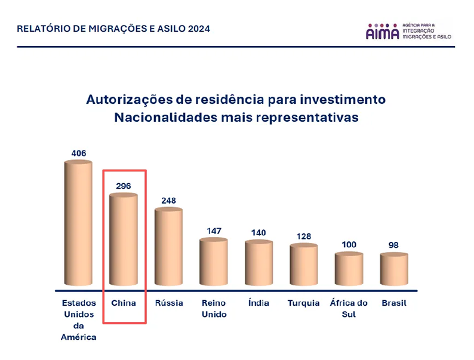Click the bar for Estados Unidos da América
[78, 223]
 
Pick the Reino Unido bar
[214, 263]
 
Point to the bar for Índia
[258, 264]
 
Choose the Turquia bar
[304, 266]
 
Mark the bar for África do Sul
[349, 270]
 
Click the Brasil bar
[394, 270]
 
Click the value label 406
[79, 153]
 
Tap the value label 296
[124, 186]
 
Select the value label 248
[169, 201]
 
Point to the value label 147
[214, 230]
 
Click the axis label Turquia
[304, 303]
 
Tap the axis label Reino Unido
[214, 309]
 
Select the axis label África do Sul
[349, 309]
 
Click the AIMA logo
[382, 32]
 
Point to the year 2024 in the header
[198, 29]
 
